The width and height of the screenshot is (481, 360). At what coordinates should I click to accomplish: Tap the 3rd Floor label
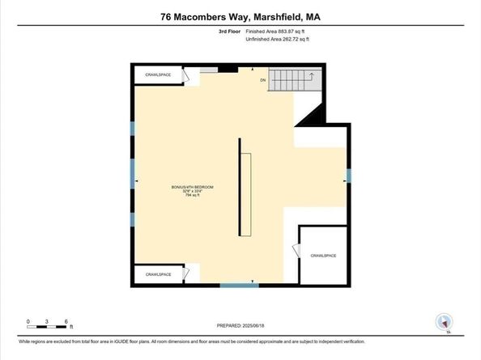coord(231,31)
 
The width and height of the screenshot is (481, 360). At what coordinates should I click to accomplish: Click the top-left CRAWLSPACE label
coord(158,75)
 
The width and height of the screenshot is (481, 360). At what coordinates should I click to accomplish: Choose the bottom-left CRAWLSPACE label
coord(159,274)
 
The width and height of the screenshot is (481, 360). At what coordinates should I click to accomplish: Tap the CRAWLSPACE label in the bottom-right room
coord(323,256)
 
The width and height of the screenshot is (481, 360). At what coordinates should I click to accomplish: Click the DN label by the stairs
coord(263,81)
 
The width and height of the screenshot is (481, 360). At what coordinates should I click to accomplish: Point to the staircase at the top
coord(296,80)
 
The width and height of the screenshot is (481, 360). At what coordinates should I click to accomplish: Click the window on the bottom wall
coord(240,285)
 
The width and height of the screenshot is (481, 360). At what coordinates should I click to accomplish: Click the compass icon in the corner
coord(443,321)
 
